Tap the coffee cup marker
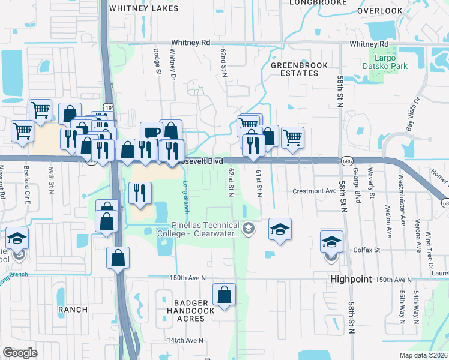click(x=151, y=132)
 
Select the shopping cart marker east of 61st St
click(x=292, y=137)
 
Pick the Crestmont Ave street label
click(x=315, y=191)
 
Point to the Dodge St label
click(x=158, y=62)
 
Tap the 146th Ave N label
click(x=186, y=340)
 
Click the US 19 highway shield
click(x=108, y=107)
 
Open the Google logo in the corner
click(x=20, y=352)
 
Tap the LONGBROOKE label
click(x=318, y=2)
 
